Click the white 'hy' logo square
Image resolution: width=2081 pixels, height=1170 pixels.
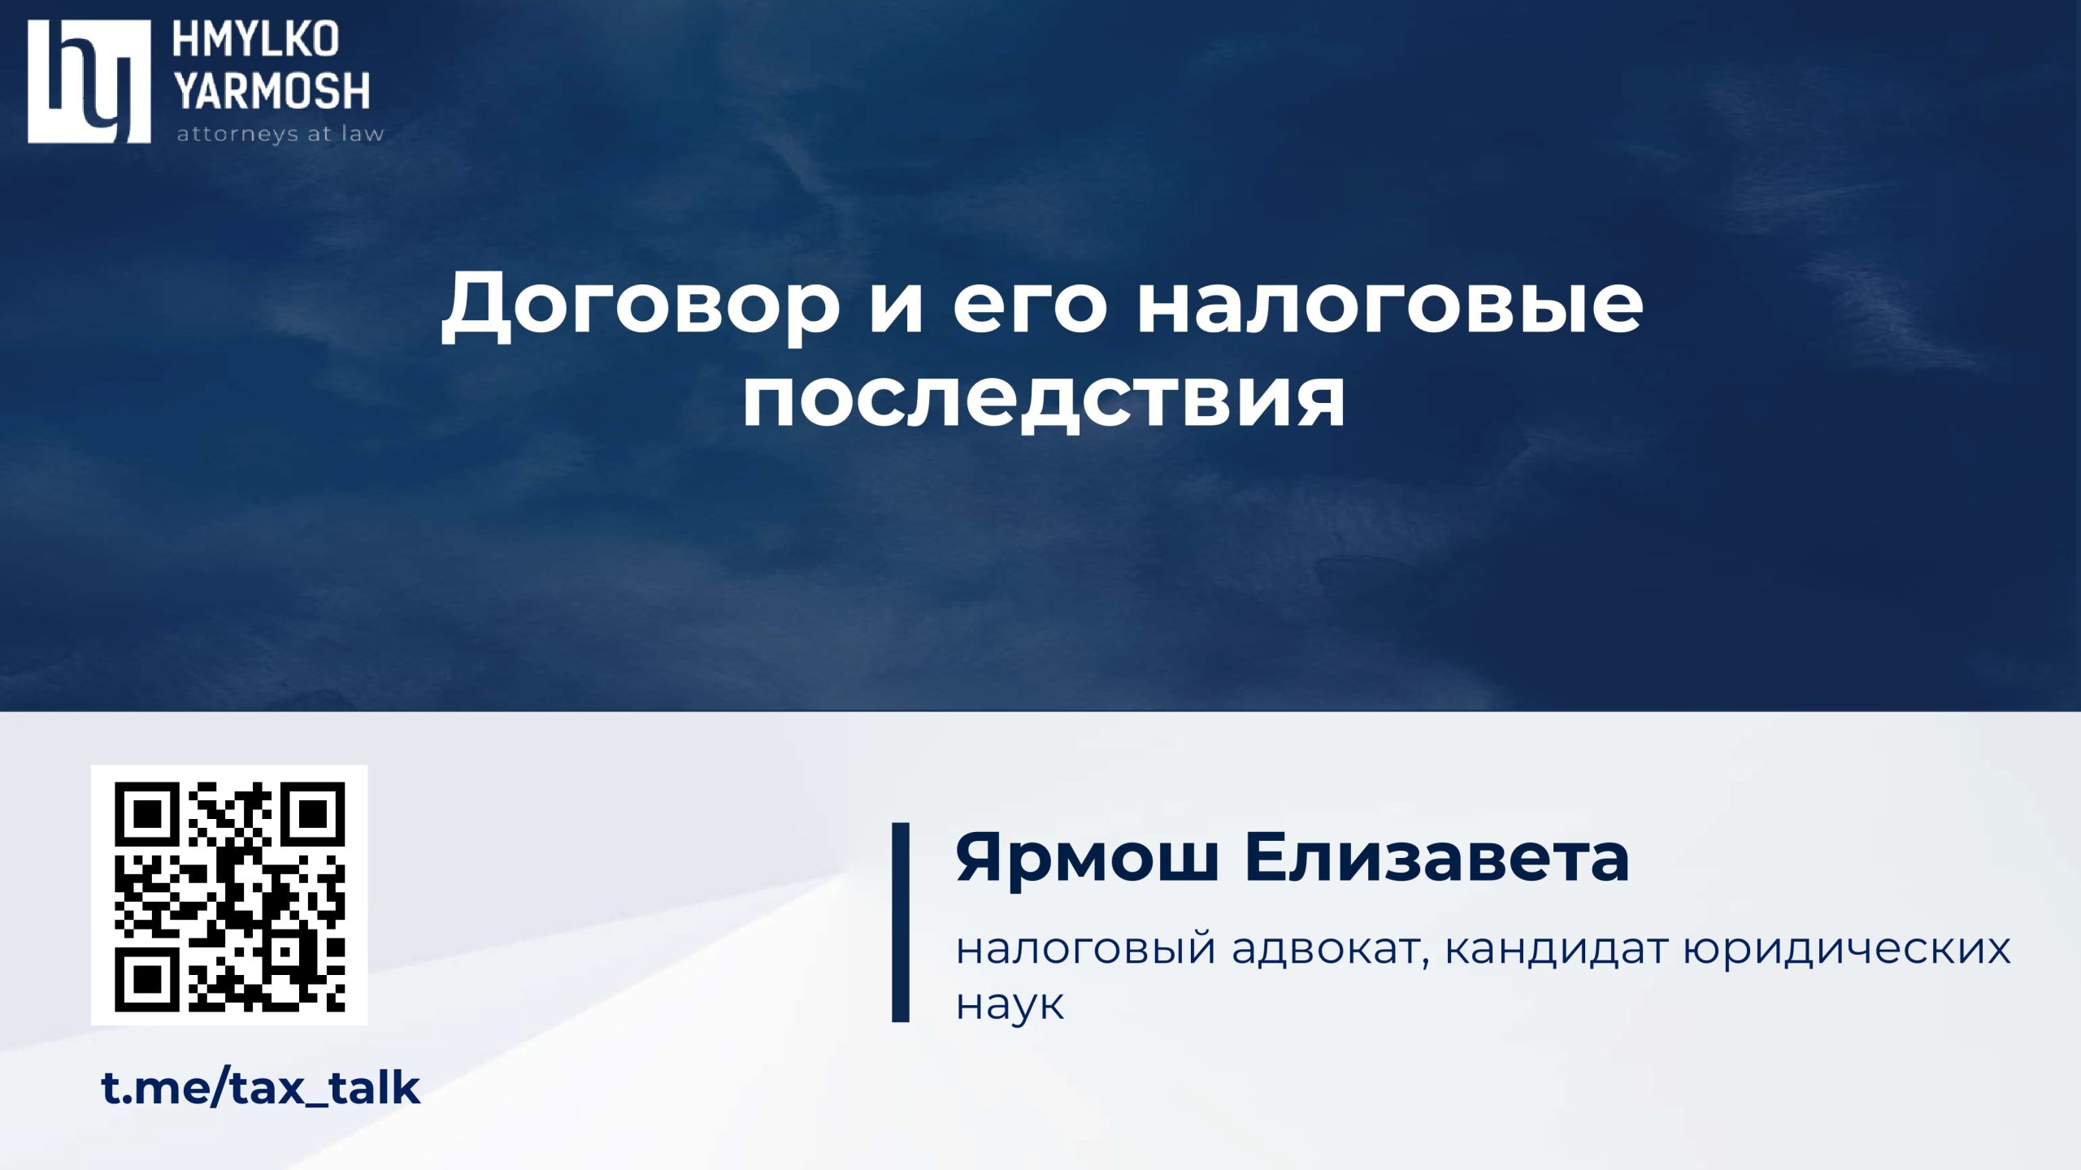pyautogui.click(x=89, y=81)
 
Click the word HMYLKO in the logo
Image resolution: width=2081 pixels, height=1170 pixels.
pyautogui.click(x=255, y=40)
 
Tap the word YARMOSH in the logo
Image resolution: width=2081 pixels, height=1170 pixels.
pyautogui.click(x=272, y=91)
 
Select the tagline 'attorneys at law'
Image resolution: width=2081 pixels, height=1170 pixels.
pyautogui.click(x=280, y=134)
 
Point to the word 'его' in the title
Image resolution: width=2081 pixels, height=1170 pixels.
pyautogui.click(x=1030, y=309)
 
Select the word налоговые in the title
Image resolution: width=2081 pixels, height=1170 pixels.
pyautogui.click(x=1390, y=309)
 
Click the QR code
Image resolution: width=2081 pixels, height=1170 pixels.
pyautogui.click(x=229, y=895)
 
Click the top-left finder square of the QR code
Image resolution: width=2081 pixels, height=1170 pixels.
pyautogui.click(x=146, y=813)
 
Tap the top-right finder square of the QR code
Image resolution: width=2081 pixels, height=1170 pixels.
pyautogui.click(x=314, y=813)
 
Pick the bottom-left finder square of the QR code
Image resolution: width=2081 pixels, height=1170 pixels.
pyautogui.click(x=146, y=980)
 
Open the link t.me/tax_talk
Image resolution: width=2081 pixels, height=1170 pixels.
pyautogui.click(x=261, y=1088)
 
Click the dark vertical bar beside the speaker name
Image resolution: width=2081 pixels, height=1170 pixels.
pyautogui.click(x=901, y=922)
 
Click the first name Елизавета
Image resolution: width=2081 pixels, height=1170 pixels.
pyautogui.click(x=1437, y=857)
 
